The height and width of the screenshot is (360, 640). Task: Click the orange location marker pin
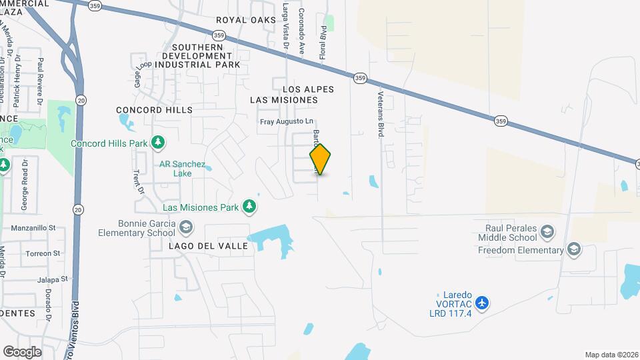321,159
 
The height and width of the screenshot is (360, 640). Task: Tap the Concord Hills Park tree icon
158,142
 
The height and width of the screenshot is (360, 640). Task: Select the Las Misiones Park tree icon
249,207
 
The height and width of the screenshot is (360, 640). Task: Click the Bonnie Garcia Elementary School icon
186,227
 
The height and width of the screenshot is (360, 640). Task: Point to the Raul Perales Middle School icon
547,232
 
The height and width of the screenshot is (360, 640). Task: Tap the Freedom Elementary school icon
573,250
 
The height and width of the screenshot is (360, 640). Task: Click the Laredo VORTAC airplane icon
483,303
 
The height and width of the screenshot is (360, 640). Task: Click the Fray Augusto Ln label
286,121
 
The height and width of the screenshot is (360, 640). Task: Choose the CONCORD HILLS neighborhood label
154,109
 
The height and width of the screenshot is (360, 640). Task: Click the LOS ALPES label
308,89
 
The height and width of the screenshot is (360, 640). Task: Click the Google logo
22,351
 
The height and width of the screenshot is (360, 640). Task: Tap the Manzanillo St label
38,227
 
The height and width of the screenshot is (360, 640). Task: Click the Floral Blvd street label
323,43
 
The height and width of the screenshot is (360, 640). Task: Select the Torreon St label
43,253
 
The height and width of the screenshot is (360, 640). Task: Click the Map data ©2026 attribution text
611,355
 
